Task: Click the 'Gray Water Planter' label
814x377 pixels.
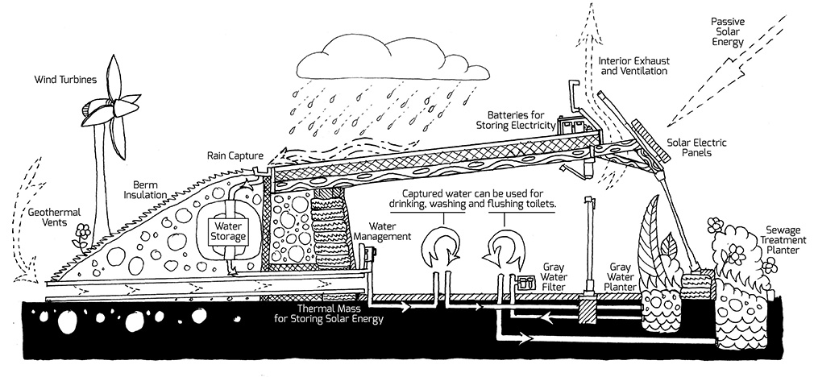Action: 620,275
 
